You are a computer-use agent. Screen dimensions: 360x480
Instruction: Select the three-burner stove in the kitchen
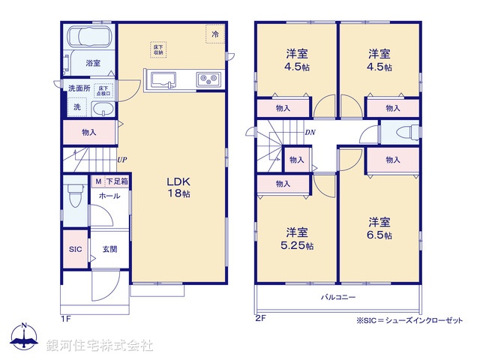208,78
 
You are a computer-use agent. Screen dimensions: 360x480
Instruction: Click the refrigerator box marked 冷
215,34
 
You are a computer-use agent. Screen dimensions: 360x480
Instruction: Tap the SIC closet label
75,249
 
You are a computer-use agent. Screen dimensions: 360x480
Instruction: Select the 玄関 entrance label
109,249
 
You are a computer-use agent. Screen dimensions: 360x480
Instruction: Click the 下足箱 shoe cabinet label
116,182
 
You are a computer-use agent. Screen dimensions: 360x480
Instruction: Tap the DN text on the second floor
310,133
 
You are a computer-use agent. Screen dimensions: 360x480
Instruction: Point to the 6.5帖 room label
379,228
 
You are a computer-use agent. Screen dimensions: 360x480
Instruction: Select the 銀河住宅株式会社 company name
100,346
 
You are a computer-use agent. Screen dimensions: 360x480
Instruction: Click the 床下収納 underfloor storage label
158,50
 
